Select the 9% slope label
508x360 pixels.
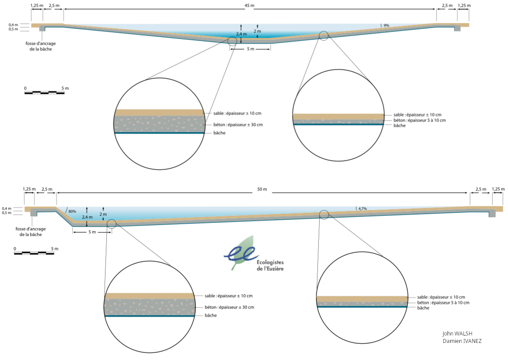386,26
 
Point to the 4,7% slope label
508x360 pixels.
362,208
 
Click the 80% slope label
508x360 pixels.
72,212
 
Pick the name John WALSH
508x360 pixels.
457,333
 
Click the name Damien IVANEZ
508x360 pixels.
462,341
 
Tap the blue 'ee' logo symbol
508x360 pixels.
239,253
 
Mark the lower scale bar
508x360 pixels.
34,253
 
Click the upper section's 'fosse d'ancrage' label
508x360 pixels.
41,46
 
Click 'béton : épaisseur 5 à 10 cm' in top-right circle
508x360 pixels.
413,120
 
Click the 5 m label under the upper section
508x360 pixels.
250,49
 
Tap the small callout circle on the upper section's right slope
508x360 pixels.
324,36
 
